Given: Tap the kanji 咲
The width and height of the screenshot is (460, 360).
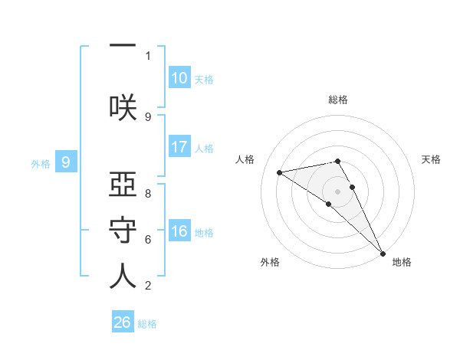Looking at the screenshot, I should [123, 106].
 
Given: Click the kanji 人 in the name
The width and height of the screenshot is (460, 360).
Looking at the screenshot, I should [123, 276].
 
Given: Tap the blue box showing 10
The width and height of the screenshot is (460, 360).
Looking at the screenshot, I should [179, 78].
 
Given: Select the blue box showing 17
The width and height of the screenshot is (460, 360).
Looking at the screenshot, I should [179, 147].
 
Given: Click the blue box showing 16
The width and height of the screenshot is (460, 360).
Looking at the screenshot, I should [179, 231].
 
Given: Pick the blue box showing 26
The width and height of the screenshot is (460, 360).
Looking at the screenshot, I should [123, 322].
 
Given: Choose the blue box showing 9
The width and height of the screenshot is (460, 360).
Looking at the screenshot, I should [67, 162].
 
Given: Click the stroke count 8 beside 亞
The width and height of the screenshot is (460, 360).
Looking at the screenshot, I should [148, 193].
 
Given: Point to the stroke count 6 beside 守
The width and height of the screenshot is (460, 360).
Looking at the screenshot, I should [148, 240].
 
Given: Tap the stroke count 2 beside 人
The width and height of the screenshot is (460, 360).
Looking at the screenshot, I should [148, 286].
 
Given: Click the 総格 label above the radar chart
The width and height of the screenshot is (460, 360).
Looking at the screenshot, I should [338, 100].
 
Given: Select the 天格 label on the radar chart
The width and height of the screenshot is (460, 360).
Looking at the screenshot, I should [432, 159].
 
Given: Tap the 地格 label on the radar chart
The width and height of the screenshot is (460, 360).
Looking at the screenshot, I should [402, 263].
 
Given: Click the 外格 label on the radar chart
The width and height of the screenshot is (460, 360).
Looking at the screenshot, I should [270, 263].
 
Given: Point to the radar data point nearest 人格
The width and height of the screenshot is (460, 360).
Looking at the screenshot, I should [280, 172].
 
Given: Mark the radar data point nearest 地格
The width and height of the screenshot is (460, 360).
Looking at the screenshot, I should [383, 253].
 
